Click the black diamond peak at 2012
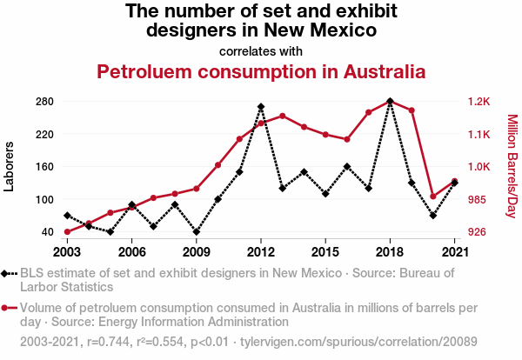261,107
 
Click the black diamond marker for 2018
390,102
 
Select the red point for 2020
433,197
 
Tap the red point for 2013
283,116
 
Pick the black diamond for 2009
197,232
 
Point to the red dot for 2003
67,232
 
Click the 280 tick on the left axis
44,102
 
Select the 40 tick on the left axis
47,232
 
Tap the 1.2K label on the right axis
478,102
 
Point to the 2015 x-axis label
325,252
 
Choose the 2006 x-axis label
131,252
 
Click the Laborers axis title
10,166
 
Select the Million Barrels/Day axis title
512,166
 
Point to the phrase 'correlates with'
261,50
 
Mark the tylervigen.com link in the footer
304,343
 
